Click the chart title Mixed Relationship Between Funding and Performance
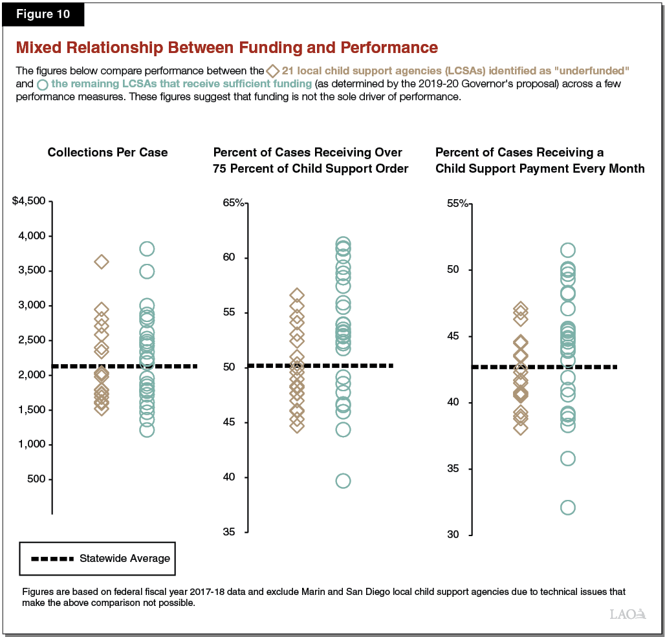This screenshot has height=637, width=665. [226, 48]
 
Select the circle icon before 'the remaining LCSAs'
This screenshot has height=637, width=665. [43, 85]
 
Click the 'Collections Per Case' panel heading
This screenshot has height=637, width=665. [107, 153]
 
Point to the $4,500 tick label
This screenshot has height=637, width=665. [28, 201]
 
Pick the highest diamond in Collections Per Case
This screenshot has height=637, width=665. [102, 262]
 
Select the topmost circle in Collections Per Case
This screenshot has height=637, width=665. [147, 249]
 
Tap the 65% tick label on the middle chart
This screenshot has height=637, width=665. [234, 203]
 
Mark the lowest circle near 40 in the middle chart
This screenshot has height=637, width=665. [343, 480]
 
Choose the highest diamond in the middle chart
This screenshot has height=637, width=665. [297, 295]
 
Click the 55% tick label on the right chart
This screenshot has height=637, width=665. [457, 203]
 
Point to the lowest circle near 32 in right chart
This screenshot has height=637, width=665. [567, 507]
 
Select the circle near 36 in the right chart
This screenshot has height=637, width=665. [567, 459]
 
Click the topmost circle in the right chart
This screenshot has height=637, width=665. [567, 250]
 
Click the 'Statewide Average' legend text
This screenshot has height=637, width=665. [125, 558]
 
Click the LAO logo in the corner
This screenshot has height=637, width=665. [627, 614]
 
